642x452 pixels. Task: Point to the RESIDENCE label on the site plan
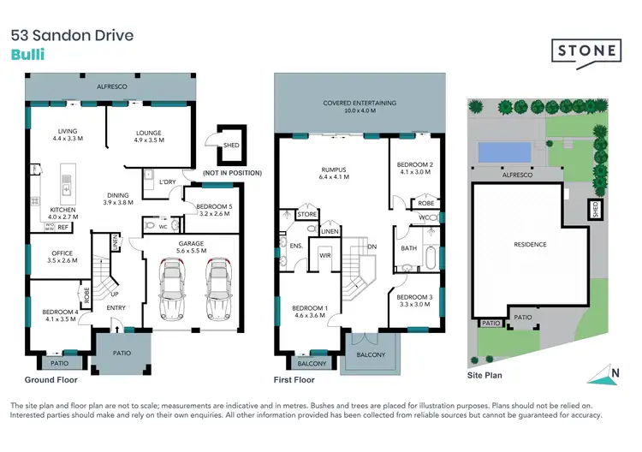tap(529, 245)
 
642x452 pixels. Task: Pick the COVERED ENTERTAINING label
tap(360, 107)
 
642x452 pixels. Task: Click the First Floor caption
tap(294, 380)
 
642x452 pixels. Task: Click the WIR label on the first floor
tap(324, 255)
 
